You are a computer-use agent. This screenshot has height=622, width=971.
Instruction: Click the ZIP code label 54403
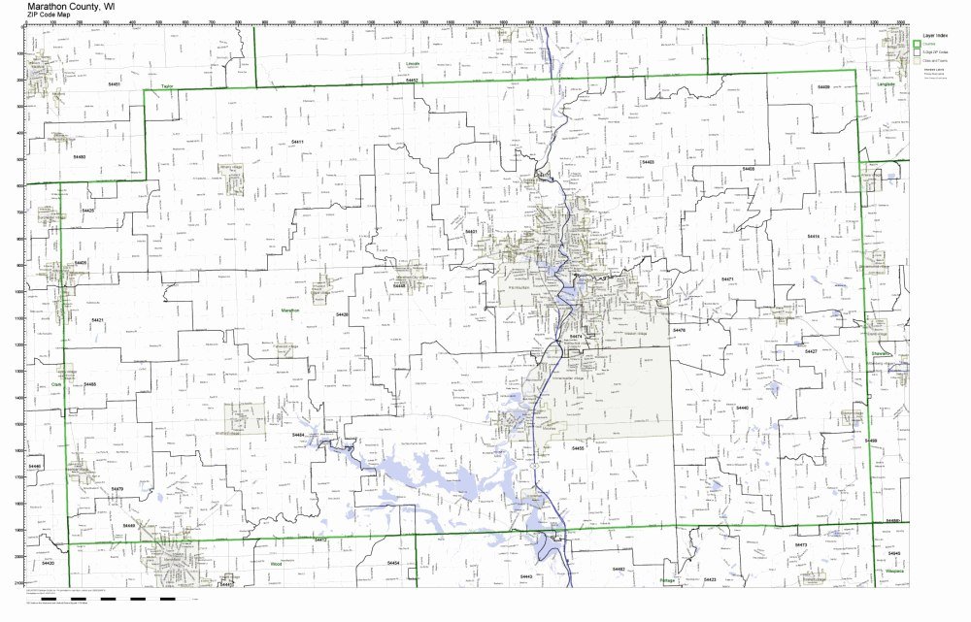coord(648,162)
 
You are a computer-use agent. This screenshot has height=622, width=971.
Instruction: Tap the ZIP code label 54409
coord(823,86)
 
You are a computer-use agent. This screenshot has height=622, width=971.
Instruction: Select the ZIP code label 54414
coord(814,236)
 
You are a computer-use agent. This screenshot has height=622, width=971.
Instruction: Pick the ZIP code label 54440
coord(743,408)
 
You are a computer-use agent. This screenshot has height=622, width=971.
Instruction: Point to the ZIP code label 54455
coord(578,448)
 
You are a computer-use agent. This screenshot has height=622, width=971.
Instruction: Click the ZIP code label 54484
coord(298,435)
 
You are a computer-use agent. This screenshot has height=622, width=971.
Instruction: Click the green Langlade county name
coord(885,83)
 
